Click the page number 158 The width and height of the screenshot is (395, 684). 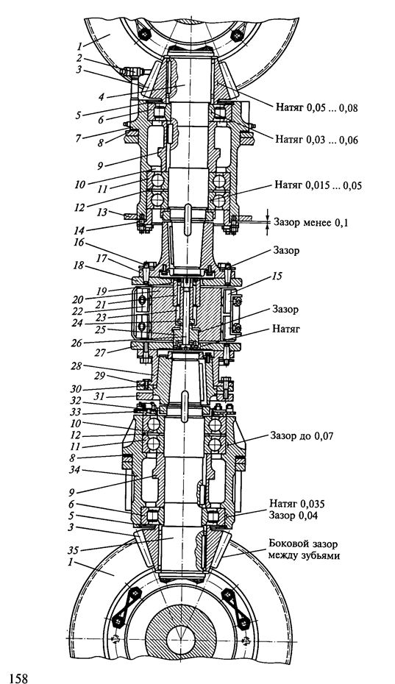(x=16, y=677)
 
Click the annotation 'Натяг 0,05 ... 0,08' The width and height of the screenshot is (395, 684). (x=316, y=107)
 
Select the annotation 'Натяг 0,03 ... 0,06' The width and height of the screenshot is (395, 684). (x=316, y=140)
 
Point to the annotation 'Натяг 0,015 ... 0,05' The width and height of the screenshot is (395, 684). (x=319, y=185)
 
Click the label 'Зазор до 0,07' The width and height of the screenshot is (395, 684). (x=302, y=435)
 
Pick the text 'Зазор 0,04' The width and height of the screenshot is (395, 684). (x=294, y=515)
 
